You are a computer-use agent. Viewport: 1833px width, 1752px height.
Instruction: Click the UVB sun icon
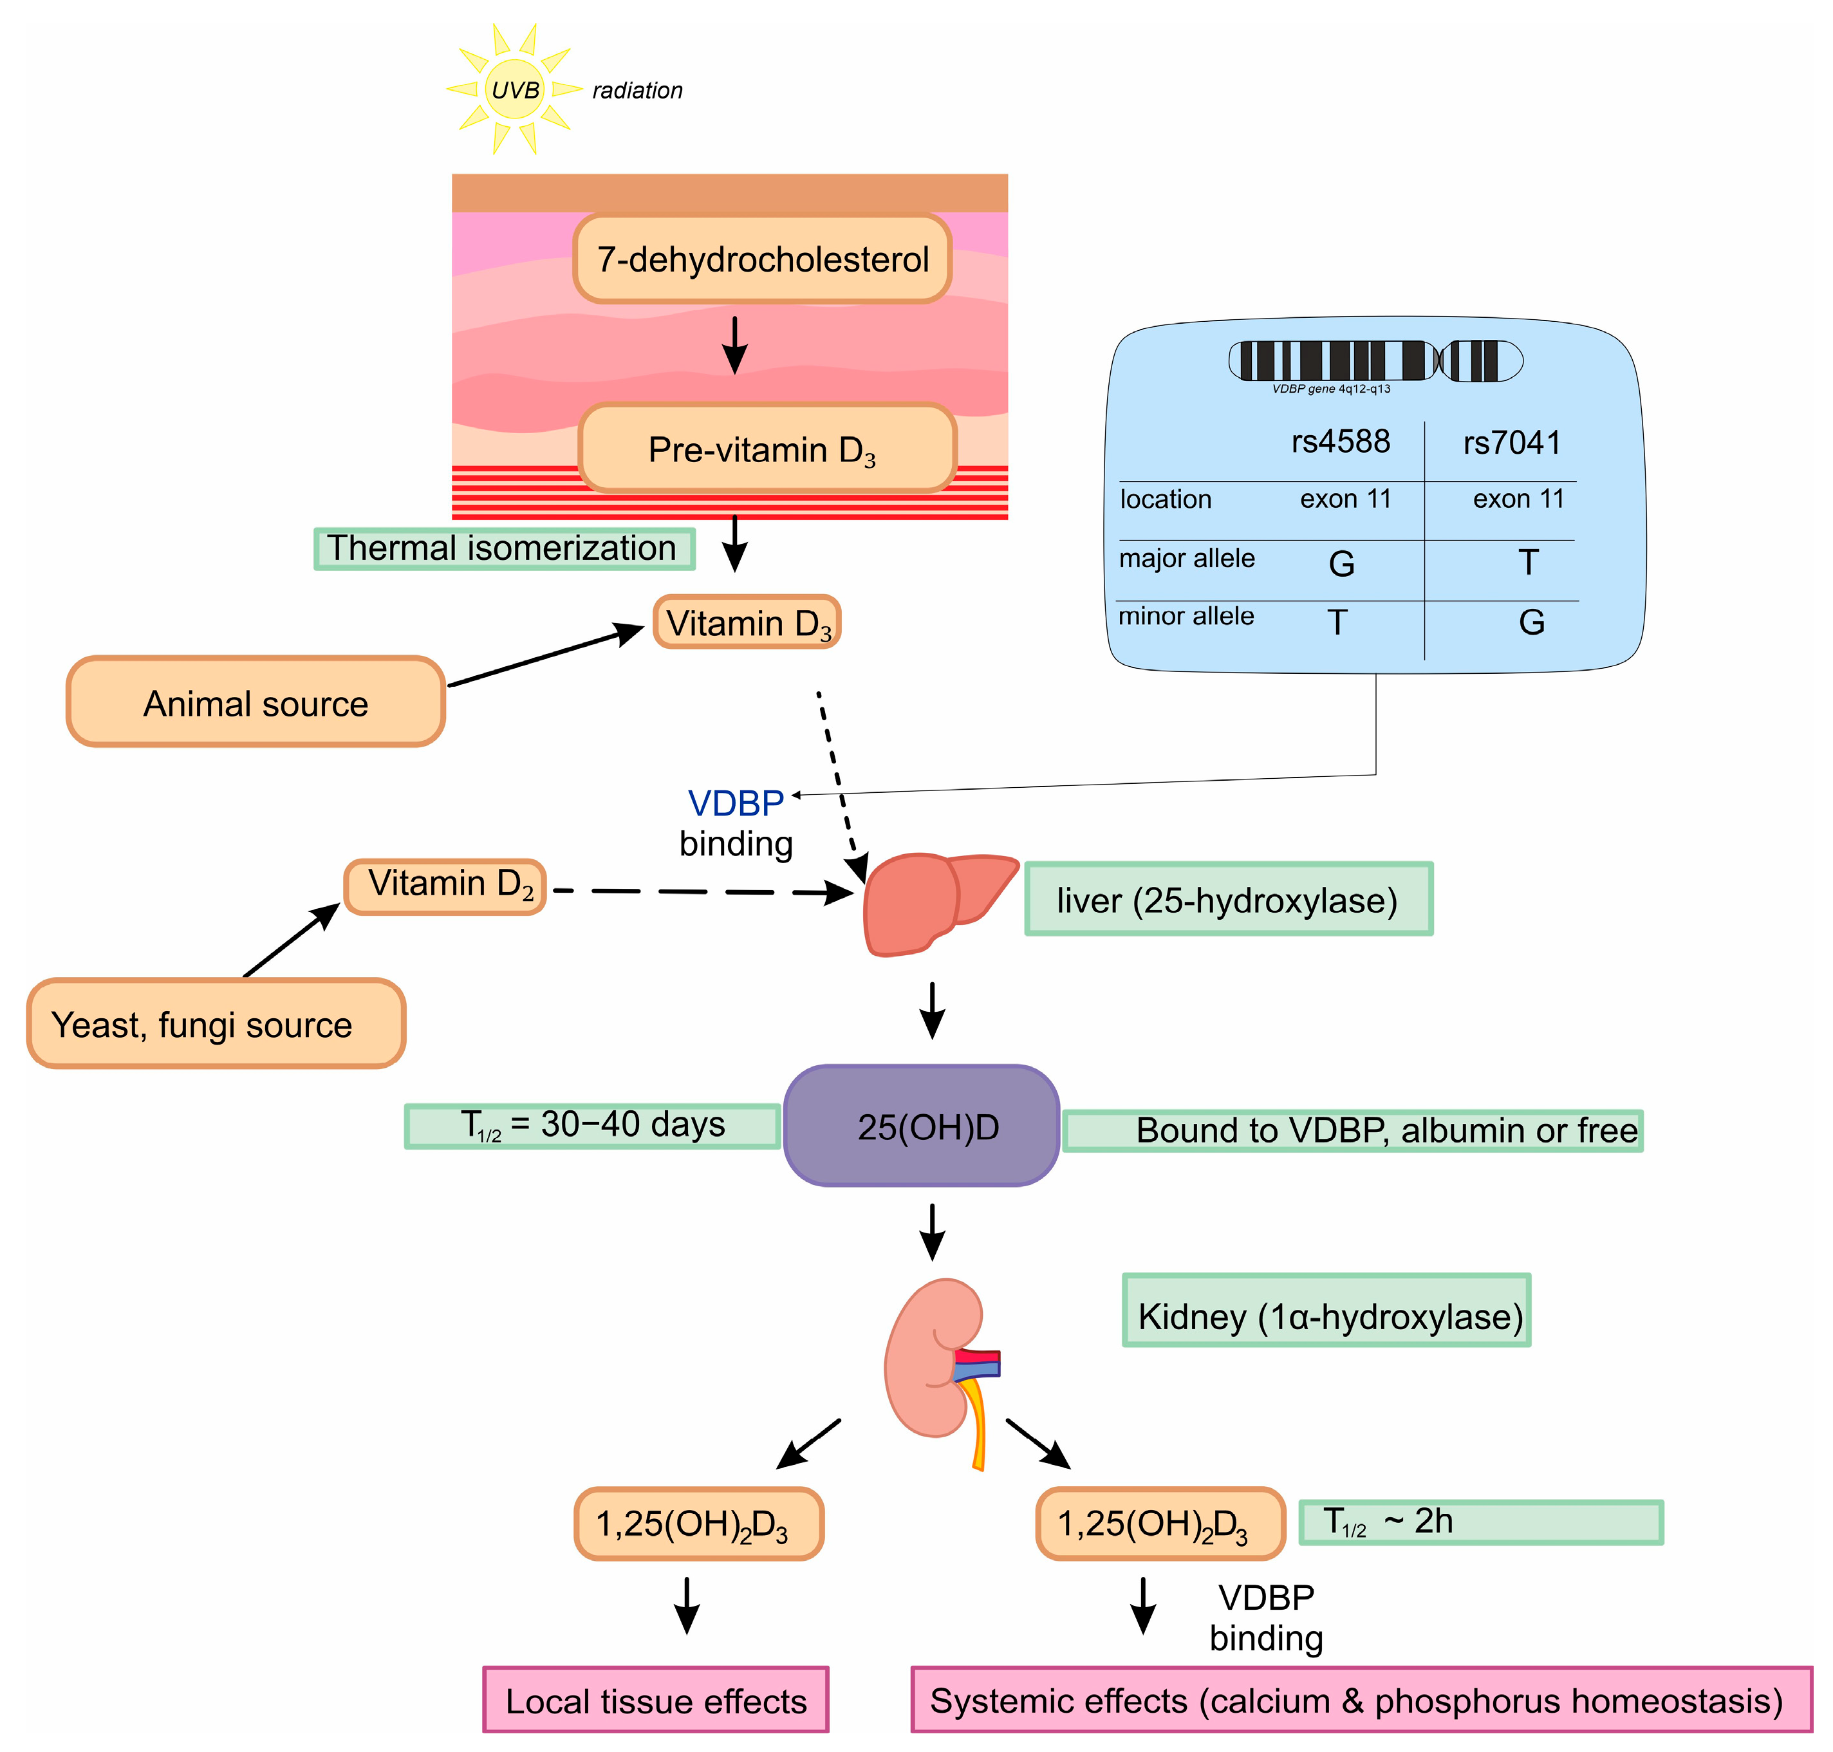(x=514, y=89)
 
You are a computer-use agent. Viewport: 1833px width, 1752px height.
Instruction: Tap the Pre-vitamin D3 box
(x=766, y=449)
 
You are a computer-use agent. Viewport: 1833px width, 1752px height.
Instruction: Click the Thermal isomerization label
(x=503, y=548)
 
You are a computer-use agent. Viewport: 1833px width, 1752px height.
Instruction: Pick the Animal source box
(x=255, y=702)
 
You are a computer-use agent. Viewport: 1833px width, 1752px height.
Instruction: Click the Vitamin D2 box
(x=445, y=886)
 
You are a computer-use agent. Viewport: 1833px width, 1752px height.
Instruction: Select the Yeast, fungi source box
(x=216, y=1023)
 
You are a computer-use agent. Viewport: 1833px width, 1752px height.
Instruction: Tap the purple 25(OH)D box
(x=921, y=1126)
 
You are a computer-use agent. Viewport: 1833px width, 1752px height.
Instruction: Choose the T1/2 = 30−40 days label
(x=592, y=1125)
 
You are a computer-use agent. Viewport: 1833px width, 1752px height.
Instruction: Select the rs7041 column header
(x=1511, y=442)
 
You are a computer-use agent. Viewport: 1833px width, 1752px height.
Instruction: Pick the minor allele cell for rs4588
(x=1337, y=622)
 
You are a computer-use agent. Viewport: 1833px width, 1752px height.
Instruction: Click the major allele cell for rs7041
(x=1528, y=562)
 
